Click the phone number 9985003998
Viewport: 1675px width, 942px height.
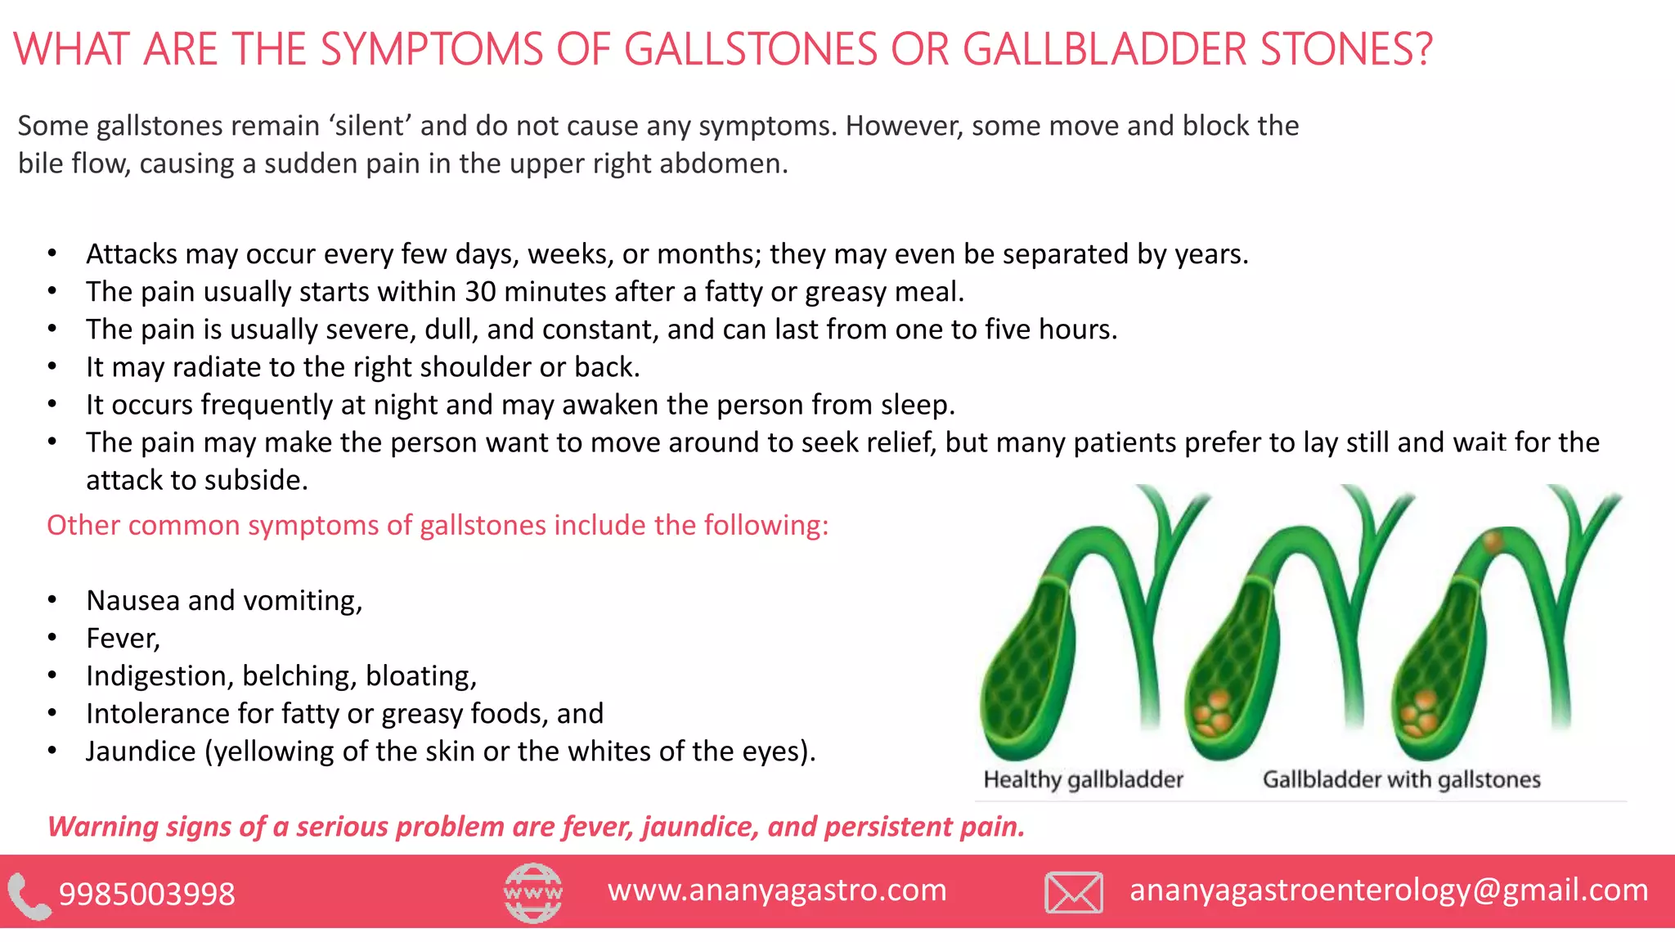point(147,894)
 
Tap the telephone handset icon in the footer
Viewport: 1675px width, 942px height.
point(29,896)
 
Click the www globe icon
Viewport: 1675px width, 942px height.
point(532,892)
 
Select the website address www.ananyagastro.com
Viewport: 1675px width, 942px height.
point(777,890)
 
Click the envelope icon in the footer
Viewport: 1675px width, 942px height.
point(1073,892)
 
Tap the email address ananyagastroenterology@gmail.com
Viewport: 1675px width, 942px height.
point(1389,890)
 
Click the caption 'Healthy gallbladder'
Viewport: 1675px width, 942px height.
point(1083,779)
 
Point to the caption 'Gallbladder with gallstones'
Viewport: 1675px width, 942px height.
point(1401,779)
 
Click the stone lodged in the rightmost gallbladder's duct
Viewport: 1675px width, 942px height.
point(1493,541)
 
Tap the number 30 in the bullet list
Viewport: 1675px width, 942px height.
point(480,292)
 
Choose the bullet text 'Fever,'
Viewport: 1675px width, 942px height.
point(123,639)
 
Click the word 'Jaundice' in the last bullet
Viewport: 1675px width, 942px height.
point(141,751)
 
